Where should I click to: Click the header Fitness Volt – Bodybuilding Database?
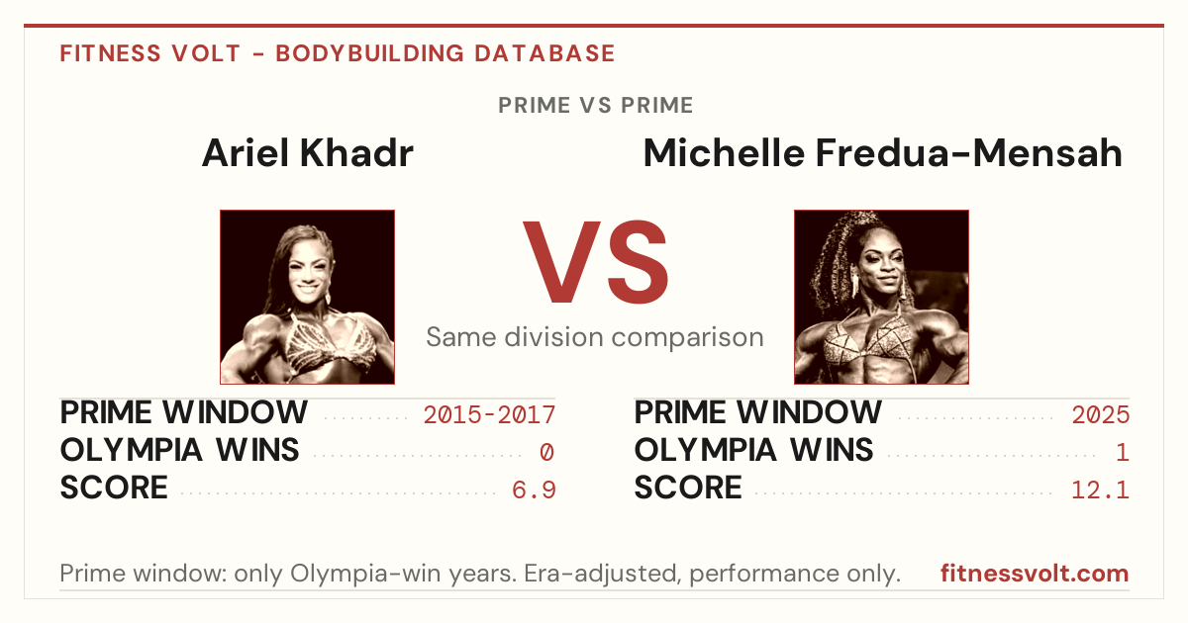338,53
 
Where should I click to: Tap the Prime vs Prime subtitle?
595,106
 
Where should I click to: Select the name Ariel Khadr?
308,153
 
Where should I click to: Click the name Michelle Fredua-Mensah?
882,153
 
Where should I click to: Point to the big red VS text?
595,262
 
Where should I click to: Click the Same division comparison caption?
595,337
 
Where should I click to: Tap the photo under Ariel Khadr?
308,298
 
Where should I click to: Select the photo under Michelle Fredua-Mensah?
881,298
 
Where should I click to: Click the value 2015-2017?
489,414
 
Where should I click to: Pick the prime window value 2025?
1101,414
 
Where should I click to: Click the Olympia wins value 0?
546,452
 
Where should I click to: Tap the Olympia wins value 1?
1123,452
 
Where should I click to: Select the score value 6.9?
534,489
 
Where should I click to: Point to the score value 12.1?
1100,489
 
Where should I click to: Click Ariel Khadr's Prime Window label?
183,412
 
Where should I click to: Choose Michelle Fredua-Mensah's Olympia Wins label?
753,450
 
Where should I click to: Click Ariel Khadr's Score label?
114,488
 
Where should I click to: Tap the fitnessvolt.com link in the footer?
1035,574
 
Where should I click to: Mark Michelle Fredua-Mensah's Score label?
688,488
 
